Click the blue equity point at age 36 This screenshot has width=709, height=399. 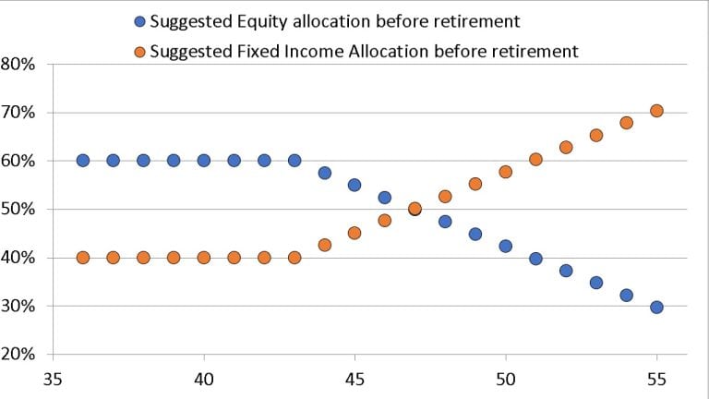click(83, 160)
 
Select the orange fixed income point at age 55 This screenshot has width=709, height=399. click(656, 111)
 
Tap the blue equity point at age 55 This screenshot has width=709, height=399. click(656, 307)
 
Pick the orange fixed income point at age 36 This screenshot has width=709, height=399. click(83, 258)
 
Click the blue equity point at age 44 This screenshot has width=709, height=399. click(324, 173)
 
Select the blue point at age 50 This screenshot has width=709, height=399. click(505, 246)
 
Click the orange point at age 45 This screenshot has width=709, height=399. click(354, 233)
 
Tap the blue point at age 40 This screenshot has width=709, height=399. click(204, 160)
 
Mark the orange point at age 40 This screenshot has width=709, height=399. click(204, 258)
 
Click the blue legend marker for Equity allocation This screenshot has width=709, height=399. click(138, 21)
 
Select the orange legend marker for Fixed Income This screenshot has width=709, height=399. click(138, 51)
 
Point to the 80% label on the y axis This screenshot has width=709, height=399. click(18, 65)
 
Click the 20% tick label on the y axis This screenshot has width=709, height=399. click(18, 355)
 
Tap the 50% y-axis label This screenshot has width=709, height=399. click(18, 210)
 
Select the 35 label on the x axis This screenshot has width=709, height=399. click(53, 379)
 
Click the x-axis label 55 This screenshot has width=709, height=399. click(656, 379)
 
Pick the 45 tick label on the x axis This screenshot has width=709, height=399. click(354, 379)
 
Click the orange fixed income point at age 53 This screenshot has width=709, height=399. click(595, 135)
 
